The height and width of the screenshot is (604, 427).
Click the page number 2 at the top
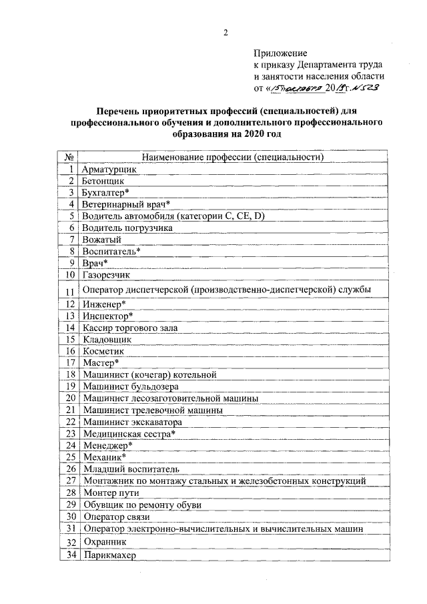(226, 32)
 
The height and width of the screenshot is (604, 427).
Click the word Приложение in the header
(280, 53)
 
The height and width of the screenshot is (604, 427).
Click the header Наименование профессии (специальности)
(233, 158)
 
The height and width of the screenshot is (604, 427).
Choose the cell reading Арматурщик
(109, 170)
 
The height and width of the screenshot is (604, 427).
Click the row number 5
(70, 216)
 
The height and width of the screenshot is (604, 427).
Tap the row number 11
(69, 290)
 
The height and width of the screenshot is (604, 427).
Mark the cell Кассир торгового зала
(131, 328)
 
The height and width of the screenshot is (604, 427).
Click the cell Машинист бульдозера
(130, 386)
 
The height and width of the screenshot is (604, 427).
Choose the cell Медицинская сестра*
(129, 433)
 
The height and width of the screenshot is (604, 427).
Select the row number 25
(69, 457)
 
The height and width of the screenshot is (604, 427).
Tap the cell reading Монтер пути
(111, 493)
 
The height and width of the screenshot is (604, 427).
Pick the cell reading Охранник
(106, 542)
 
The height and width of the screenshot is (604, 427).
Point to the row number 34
(69, 555)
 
